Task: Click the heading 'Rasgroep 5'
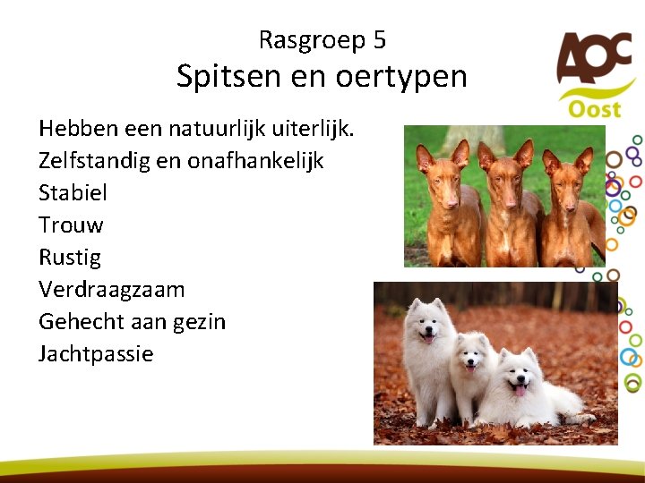pyautogui.click(x=322, y=40)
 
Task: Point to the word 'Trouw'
pyautogui.click(x=71, y=225)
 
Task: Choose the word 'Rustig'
pyautogui.click(x=70, y=258)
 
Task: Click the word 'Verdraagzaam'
pyautogui.click(x=111, y=289)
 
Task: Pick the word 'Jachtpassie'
pyautogui.click(x=96, y=353)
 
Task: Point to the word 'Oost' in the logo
pyautogui.click(x=594, y=108)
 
